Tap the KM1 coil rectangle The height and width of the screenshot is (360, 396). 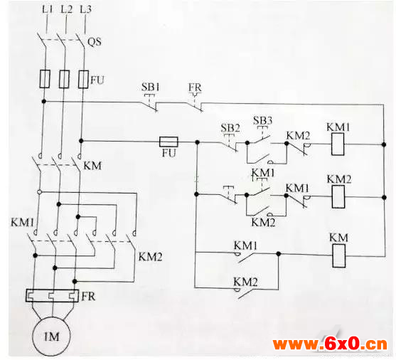pos(338,144)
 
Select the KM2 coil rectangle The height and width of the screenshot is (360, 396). pos(338,196)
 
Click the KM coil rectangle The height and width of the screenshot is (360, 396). pos(338,256)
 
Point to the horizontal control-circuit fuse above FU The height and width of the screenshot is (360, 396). pos(168,142)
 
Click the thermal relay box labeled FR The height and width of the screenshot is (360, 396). pos(52,295)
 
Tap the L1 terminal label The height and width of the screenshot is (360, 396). pos(47,10)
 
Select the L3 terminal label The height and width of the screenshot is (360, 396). pos(85,9)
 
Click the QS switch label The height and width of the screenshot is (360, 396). pos(95,42)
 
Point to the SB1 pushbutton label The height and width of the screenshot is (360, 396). pos(150,87)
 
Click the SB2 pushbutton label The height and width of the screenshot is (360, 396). pos(230,128)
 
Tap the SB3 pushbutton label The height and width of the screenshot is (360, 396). pos(262,120)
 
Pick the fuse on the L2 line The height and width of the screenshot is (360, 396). pos(64,79)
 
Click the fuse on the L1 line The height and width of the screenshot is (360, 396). pos(45,79)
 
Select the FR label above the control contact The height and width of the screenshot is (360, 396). pos(195,88)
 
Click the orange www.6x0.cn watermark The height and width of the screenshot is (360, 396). pos(330,344)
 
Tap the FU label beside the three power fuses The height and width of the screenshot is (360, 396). pos(97,80)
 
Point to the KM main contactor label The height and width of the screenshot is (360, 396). pos(92,166)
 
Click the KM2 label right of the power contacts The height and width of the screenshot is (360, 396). pos(150,257)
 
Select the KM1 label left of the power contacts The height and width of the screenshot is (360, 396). pos(22,223)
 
